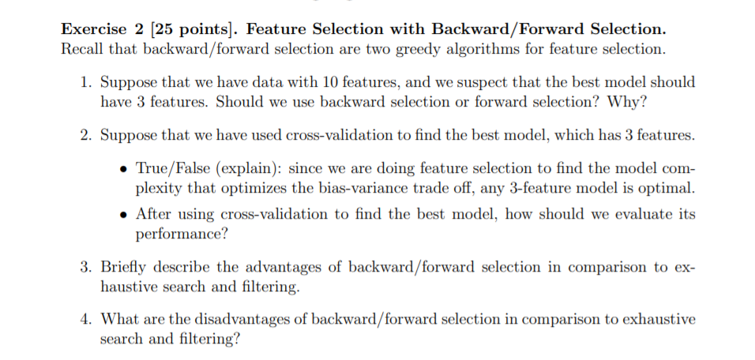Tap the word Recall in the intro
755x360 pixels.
(81, 49)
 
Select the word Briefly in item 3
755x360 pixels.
(126, 267)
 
